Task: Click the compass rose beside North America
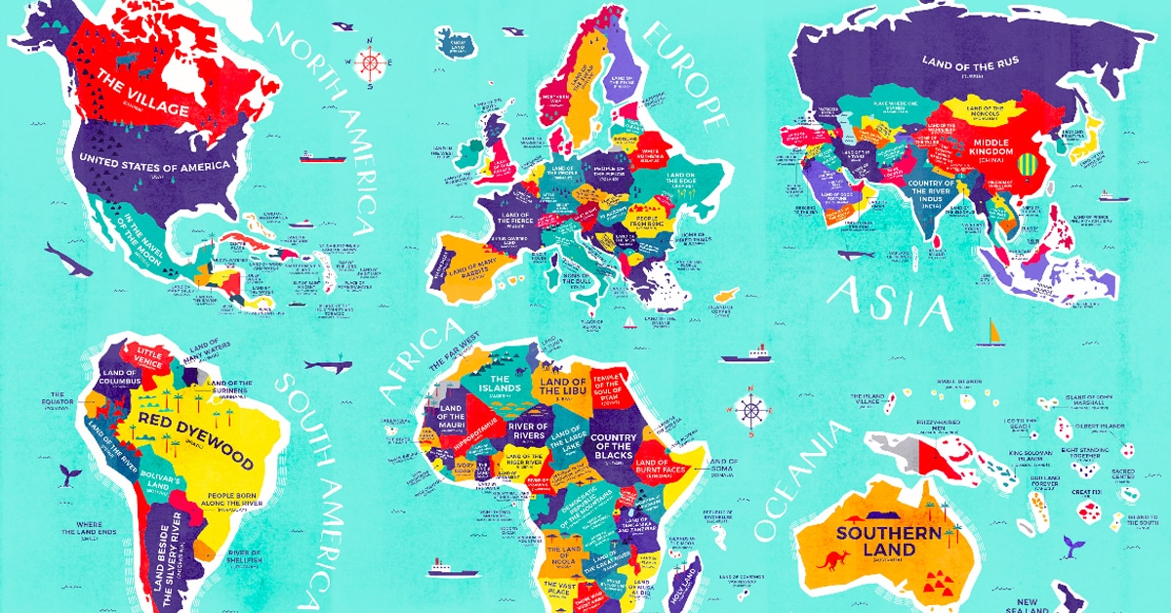coord(371,62)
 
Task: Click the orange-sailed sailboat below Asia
coord(994,333)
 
